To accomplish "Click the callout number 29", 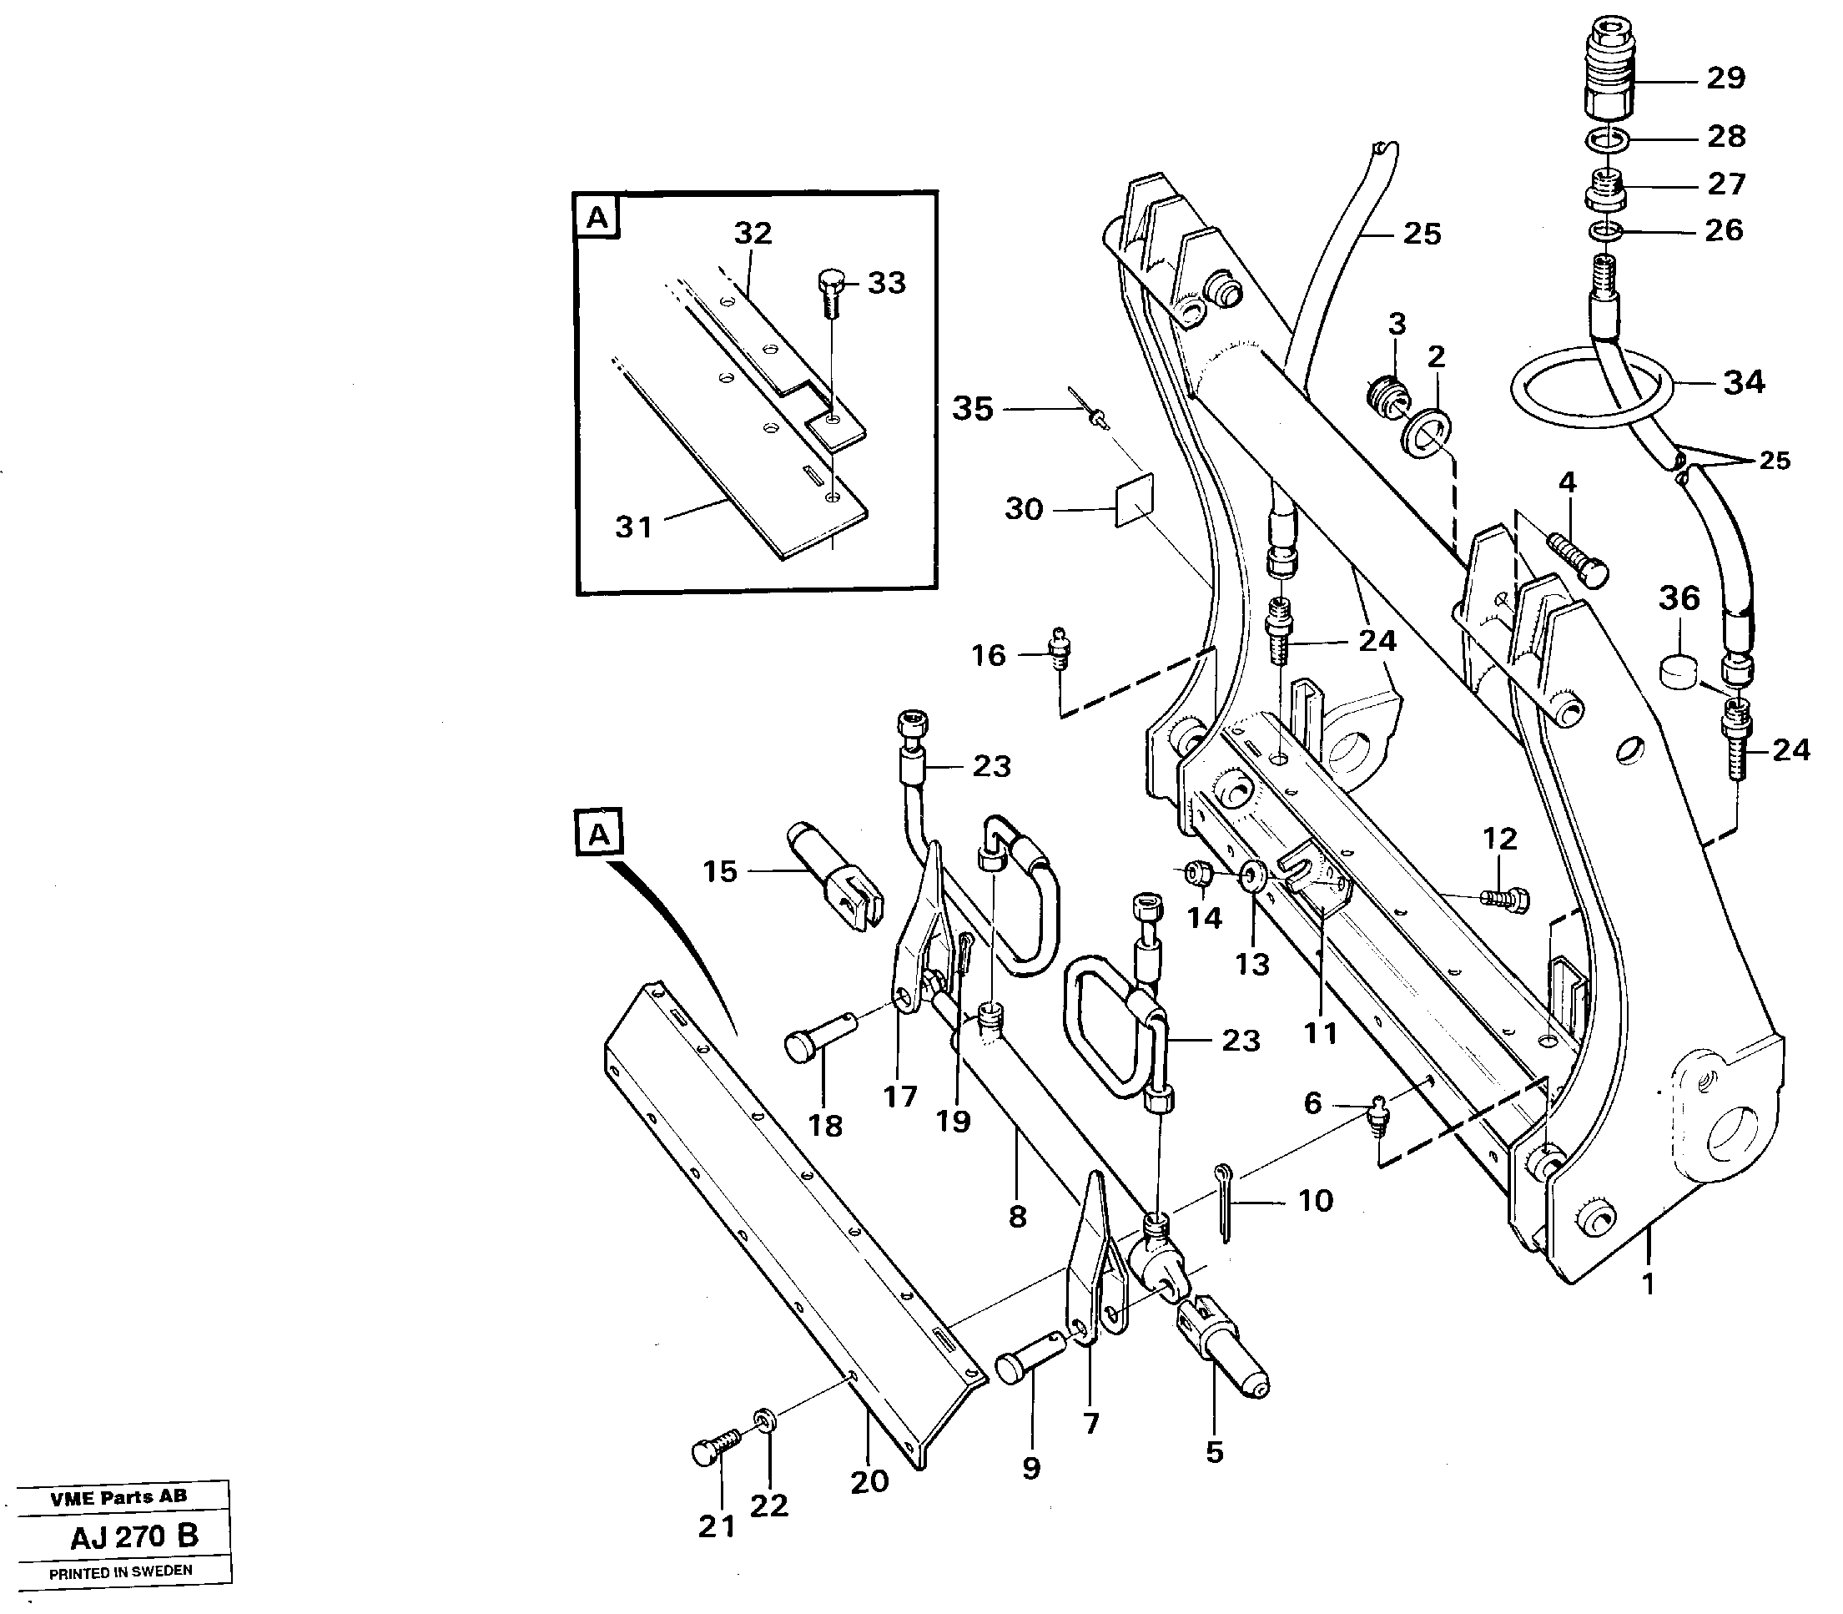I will [1726, 78].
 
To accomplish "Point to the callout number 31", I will [633, 526].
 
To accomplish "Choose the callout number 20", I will [869, 1480].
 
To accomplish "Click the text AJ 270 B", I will [134, 1536].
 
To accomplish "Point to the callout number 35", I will [972, 409].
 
